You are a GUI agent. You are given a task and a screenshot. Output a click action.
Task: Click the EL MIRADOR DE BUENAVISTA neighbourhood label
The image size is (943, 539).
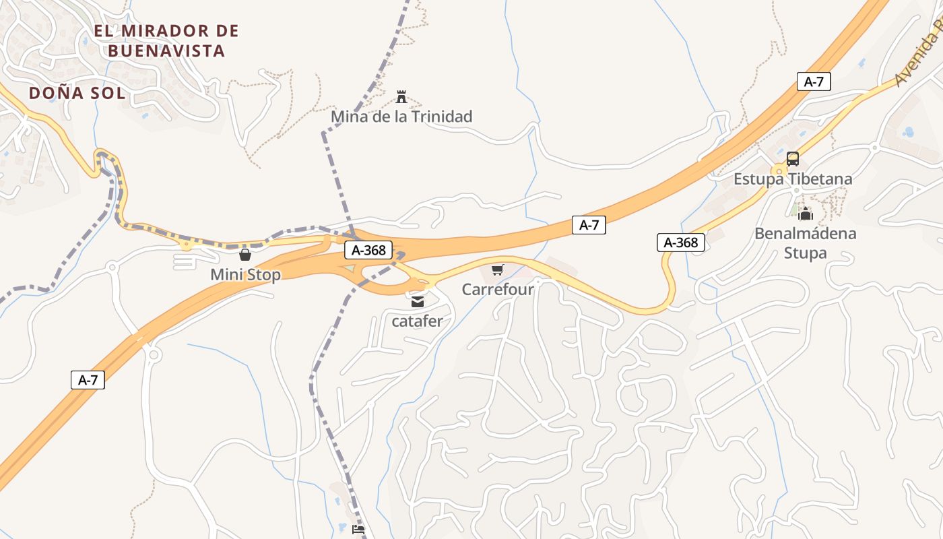166,40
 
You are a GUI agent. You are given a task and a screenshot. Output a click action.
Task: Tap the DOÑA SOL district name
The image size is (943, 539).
77,93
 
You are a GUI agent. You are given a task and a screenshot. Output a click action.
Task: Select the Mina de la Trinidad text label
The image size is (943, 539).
401,117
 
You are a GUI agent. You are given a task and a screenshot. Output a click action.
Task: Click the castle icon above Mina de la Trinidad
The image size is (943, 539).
401,97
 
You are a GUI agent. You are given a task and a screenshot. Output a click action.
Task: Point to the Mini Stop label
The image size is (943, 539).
245,275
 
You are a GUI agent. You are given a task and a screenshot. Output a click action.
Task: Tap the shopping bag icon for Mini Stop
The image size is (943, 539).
245,255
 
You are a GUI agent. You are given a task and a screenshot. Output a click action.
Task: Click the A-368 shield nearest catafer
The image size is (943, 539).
369,250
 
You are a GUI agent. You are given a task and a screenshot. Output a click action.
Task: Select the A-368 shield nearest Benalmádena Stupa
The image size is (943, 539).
681,243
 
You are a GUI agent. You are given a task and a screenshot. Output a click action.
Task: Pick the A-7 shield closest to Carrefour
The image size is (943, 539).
589,225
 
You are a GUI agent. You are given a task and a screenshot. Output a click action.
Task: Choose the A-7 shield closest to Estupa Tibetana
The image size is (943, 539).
814,82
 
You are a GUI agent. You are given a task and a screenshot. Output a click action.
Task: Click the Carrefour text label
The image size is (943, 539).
498,290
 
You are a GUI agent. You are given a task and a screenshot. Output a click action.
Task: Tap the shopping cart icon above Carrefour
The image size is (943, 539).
497,270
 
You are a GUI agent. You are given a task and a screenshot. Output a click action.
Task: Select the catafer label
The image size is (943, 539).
418,321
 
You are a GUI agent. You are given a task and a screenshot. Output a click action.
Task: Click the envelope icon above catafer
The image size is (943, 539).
418,301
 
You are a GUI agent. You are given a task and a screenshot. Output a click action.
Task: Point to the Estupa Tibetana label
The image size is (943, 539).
793,179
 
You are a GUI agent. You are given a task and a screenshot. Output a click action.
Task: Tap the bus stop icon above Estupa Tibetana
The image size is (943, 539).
793,159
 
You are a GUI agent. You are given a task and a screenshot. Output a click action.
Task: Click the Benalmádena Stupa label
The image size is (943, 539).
806,243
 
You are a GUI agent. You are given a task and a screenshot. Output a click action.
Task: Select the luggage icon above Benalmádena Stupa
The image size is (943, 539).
806,215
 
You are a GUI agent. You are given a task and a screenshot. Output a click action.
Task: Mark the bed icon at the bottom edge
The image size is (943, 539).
358,530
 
